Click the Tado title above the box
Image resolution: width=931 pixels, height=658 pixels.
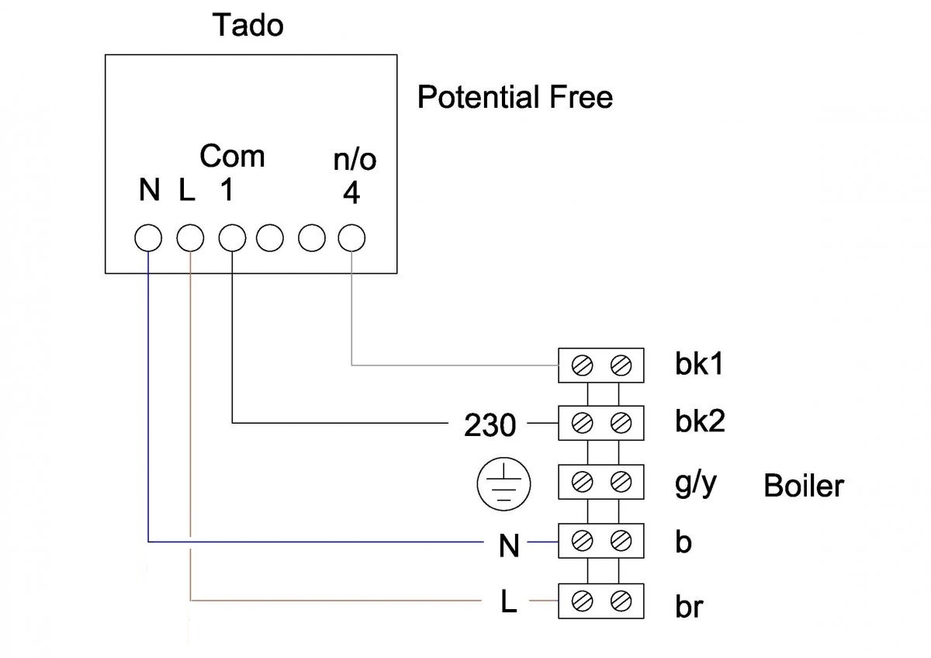tap(248, 26)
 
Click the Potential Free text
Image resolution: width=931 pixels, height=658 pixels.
tap(514, 98)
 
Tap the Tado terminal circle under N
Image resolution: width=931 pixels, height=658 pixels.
tap(147, 237)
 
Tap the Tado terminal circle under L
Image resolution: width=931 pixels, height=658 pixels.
tap(189, 237)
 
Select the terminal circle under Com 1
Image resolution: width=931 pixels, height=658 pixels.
tap(231, 237)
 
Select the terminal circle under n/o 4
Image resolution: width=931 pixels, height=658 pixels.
tap(351, 237)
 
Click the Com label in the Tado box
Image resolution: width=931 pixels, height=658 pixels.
tap(232, 156)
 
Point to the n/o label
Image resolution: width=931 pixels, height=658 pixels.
tap(354, 160)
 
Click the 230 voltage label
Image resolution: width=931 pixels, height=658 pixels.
tap(490, 425)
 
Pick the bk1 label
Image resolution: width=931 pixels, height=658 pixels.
tap(698, 364)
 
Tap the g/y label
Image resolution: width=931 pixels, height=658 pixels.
tap(694, 486)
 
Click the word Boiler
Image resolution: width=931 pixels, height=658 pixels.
tap(803, 486)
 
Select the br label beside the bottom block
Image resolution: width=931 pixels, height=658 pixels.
tap(688, 606)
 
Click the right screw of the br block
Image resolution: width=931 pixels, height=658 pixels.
tap(619, 600)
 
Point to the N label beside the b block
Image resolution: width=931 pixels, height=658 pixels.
tap(508, 546)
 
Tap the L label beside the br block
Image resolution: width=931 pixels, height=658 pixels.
tap(508, 603)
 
